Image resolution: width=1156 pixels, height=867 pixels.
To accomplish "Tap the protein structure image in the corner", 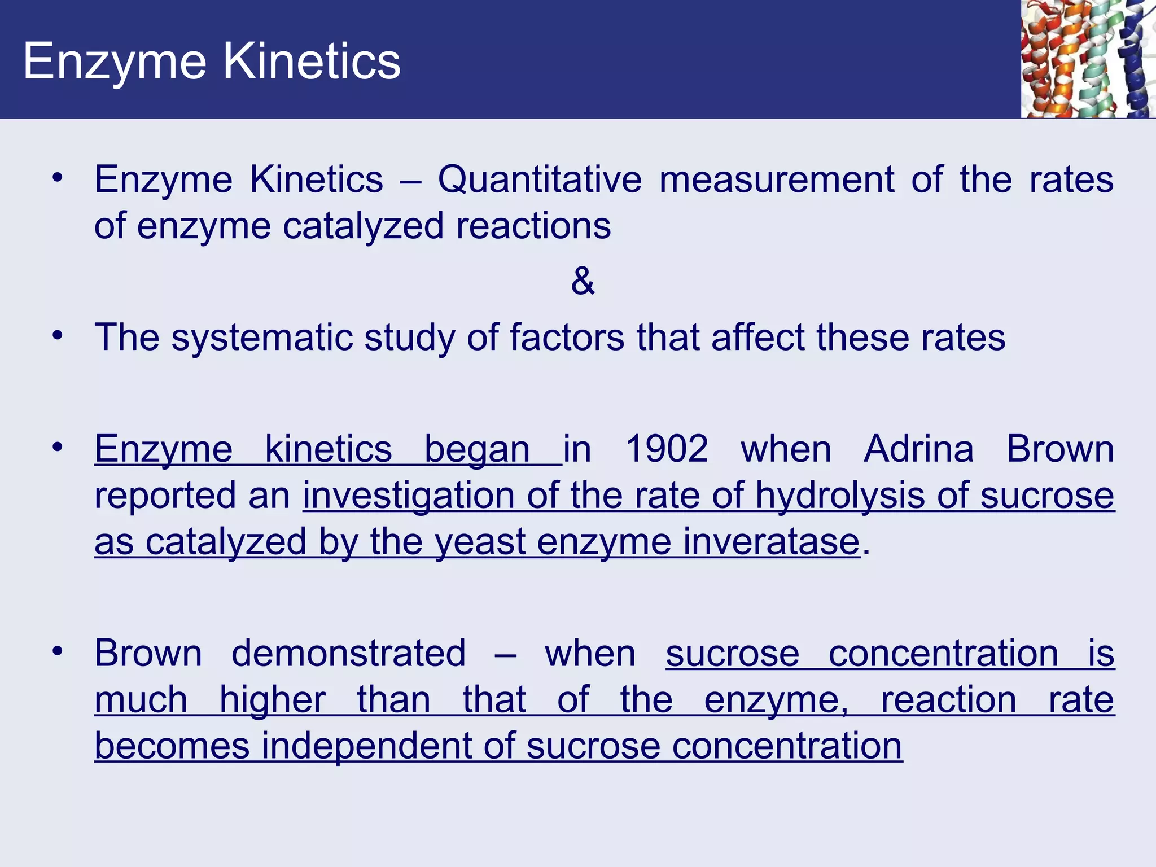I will coord(1087,59).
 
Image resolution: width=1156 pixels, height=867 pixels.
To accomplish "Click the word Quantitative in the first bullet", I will coord(540,179).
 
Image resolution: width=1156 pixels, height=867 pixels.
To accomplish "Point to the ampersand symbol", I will coord(583,281).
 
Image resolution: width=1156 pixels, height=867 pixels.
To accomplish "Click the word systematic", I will coord(262,338).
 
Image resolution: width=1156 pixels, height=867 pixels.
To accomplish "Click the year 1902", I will coord(666,449).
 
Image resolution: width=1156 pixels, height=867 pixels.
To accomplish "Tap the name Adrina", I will coord(919,449).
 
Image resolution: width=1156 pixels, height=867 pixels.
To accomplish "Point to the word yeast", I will coord(480,542).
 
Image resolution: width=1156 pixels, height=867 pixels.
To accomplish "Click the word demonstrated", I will coord(348,654).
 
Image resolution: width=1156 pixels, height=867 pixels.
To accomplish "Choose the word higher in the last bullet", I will coord(272,700).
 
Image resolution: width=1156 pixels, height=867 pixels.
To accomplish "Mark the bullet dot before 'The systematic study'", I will coord(57,335).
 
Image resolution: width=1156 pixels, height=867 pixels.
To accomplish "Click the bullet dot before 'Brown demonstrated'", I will coord(57,651).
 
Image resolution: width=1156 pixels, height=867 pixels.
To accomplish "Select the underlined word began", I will coord(477,450).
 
